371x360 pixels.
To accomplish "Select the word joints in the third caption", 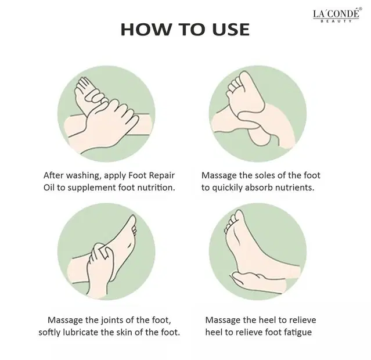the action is click(113, 321).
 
